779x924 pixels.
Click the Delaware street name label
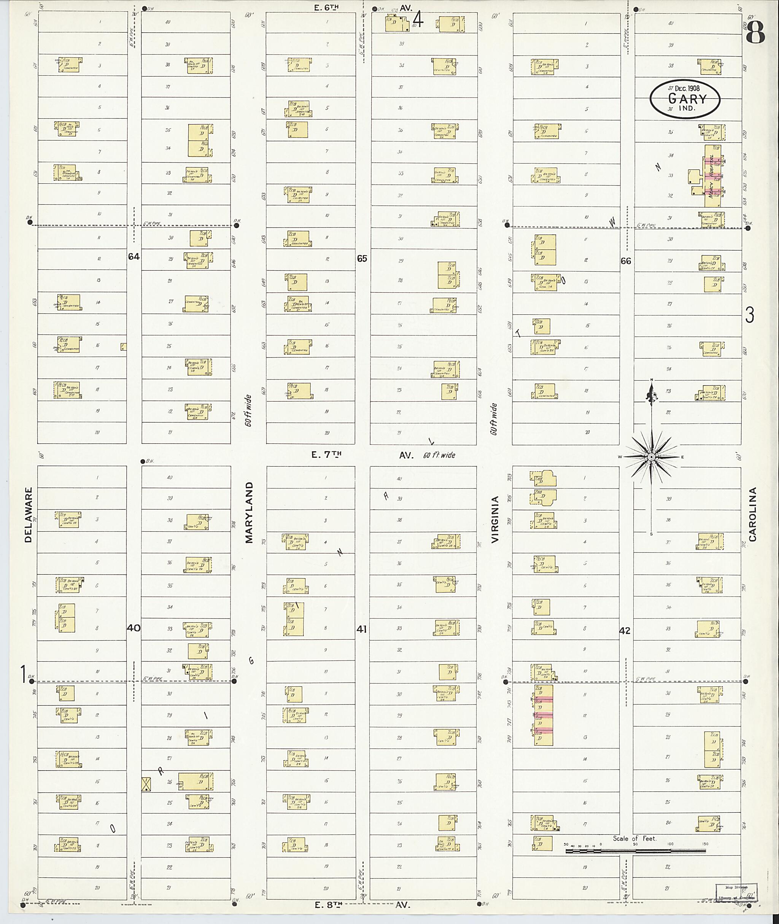[29, 515]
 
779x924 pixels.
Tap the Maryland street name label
[249, 512]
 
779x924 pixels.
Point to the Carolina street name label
[752, 514]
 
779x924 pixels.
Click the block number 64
[134, 256]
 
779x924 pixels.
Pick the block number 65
[362, 258]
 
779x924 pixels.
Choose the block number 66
[626, 261]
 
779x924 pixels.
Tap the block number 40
[134, 628]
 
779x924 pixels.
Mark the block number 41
[362, 630]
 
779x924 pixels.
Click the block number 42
[625, 631]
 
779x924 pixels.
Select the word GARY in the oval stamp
[687, 98]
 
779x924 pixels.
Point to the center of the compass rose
[651, 457]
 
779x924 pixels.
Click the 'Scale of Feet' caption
[634, 838]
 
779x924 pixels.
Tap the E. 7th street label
[326, 455]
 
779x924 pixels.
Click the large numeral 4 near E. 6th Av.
[418, 20]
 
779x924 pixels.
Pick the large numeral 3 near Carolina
[750, 315]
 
